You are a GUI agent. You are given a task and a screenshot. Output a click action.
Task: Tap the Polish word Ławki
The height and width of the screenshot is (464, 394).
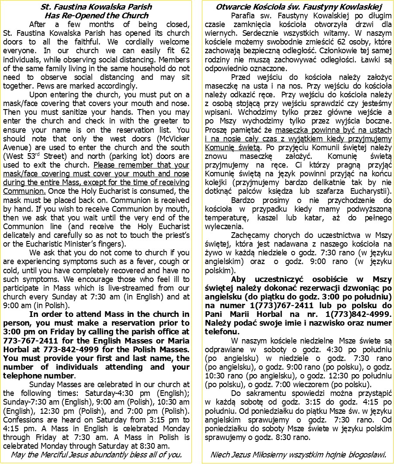point(371,59)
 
